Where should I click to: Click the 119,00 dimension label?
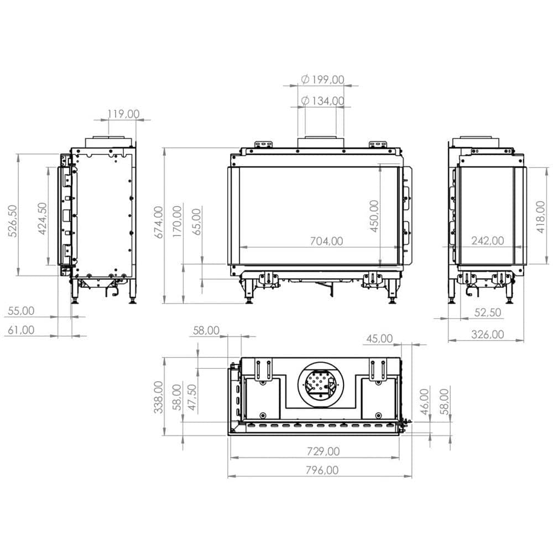(123, 114)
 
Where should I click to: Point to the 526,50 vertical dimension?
(12, 221)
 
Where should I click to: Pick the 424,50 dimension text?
(41, 218)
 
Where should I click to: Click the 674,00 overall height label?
(159, 222)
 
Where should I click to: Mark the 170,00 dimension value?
(177, 221)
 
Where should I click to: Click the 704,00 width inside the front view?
(326, 241)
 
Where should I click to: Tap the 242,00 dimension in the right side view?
(487, 241)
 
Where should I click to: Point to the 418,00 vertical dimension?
(541, 217)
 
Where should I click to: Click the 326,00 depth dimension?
(487, 334)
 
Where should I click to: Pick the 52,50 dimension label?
(487, 312)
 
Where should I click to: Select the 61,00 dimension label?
(20, 330)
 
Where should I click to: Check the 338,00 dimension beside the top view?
(159, 397)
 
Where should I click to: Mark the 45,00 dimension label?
(379, 338)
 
